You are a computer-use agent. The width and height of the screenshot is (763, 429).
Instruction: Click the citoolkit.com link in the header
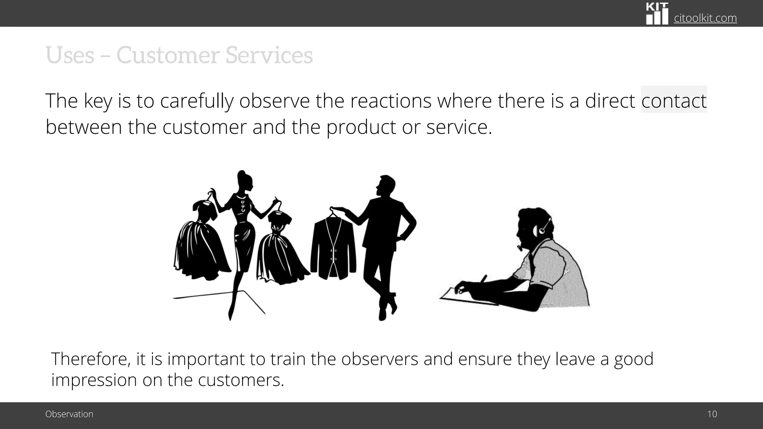[705, 18]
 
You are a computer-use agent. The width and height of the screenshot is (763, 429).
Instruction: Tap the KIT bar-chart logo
[657, 14]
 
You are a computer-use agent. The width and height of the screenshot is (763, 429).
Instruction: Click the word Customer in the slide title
[167, 55]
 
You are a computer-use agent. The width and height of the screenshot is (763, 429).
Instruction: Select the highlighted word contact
[674, 101]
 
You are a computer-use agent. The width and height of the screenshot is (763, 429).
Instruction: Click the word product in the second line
[361, 127]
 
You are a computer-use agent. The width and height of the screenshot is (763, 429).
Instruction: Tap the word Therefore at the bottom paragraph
[91, 359]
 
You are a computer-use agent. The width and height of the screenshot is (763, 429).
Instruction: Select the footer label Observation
[69, 414]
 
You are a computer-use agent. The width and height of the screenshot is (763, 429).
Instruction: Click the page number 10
[712, 414]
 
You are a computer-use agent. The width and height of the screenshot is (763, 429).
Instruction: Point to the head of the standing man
[386, 186]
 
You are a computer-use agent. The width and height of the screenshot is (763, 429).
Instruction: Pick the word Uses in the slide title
[70, 55]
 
